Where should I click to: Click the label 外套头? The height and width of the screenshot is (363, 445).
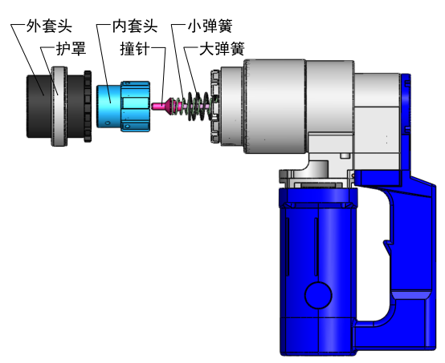[x=49, y=26]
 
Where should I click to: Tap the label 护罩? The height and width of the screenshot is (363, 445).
[x=71, y=48]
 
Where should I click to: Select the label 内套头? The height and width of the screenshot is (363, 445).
[x=135, y=26]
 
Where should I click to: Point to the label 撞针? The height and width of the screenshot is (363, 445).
[x=135, y=48]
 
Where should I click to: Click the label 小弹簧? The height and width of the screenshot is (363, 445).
[x=210, y=26]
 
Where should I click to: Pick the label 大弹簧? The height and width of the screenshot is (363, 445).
[x=222, y=48]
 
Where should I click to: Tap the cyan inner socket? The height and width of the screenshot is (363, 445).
[x=123, y=107]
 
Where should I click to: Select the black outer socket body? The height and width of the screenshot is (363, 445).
[x=39, y=107]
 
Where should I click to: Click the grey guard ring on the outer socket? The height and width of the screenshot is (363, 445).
[x=59, y=107]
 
